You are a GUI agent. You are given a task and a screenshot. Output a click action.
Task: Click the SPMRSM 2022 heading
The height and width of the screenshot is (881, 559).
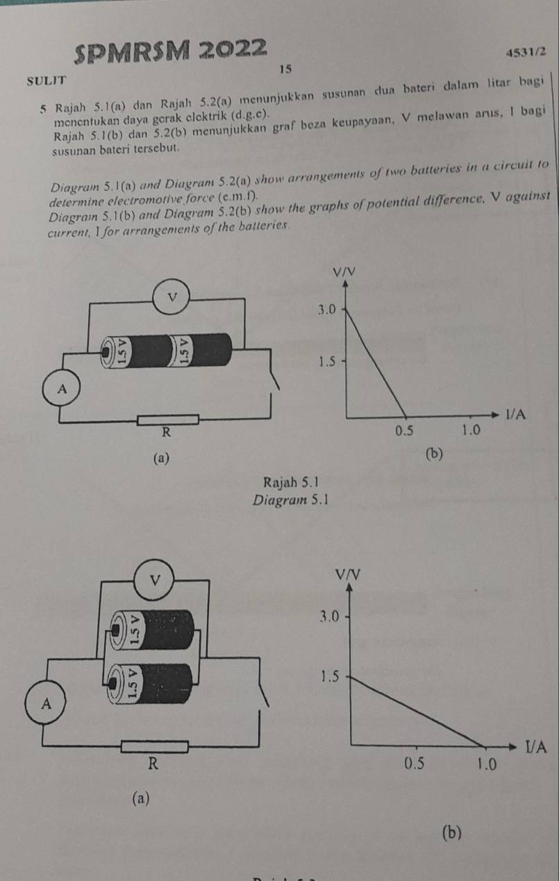pyautogui.click(x=170, y=51)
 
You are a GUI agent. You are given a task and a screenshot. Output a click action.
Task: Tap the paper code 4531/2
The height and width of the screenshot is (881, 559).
pyautogui.click(x=526, y=52)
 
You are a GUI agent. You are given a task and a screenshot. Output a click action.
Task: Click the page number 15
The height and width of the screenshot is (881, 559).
pyautogui.click(x=285, y=69)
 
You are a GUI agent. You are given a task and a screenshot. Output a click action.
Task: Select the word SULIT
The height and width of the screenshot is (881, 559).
pyautogui.click(x=47, y=81)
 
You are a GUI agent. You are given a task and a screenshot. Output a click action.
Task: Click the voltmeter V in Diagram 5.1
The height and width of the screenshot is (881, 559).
pyautogui.click(x=172, y=296)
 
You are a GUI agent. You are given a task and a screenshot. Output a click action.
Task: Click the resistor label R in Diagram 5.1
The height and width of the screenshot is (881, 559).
pyautogui.click(x=167, y=433)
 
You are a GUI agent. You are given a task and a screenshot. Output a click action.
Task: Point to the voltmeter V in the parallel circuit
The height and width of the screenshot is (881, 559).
pyautogui.click(x=155, y=580)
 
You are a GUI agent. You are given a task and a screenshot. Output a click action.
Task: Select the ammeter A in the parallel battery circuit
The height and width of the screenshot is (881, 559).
pyautogui.click(x=46, y=703)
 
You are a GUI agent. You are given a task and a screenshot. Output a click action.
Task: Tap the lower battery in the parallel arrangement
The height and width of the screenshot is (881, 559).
pyautogui.click(x=150, y=684)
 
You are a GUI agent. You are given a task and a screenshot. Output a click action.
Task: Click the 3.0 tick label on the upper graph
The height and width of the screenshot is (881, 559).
pyautogui.click(x=327, y=310)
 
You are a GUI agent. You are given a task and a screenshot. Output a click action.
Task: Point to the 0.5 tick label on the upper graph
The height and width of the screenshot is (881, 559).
pyautogui.click(x=404, y=431)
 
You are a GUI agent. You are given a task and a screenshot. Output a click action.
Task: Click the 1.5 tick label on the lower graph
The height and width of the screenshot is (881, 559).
pyautogui.click(x=329, y=677)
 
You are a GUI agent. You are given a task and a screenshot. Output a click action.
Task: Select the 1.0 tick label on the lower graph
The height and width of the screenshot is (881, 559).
pyautogui.click(x=487, y=764)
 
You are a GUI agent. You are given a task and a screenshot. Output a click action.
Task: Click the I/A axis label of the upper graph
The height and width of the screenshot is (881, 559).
pyautogui.click(x=516, y=414)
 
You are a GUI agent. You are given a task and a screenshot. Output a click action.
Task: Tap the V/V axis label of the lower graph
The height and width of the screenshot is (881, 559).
pyautogui.click(x=348, y=575)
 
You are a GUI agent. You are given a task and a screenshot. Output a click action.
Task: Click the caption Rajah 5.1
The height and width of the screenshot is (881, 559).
pyautogui.click(x=291, y=482)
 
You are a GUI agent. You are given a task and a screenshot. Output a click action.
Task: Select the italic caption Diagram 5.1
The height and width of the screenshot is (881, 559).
pyautogui.click(x=291, y=501)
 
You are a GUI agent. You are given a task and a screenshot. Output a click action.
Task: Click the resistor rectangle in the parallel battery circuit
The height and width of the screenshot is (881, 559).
pyautogui.click(x=155, y=746)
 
